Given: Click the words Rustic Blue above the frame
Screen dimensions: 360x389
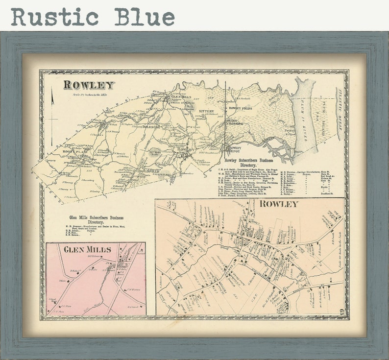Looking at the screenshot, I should click(x=93, y=17).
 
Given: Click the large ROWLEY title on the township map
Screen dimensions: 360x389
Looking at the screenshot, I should click(x=89, y=85).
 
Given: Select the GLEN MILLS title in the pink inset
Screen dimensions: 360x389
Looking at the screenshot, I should click(x=88, y=249).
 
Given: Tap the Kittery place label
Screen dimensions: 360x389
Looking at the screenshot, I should click(x=206, y=112).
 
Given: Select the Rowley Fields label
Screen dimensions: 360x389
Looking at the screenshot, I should click(x=240, y=108).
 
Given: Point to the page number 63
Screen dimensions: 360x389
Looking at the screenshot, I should click(x=341, y=310).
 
